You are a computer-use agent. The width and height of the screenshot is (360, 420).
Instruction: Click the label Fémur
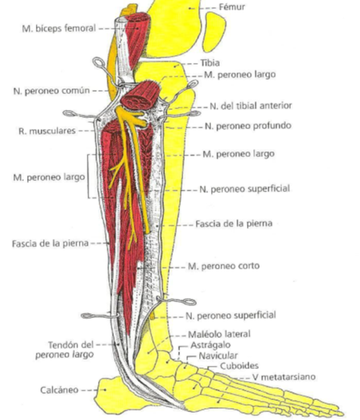tap(232, 7)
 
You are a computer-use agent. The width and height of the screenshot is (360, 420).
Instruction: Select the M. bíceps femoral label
tap(59, 28)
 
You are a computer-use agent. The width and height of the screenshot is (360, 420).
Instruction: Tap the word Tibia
tap(210, 63)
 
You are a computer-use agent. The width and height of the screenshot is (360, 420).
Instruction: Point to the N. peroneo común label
tap(52, 91)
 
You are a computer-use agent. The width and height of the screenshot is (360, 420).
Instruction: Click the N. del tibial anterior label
tap(251, 106)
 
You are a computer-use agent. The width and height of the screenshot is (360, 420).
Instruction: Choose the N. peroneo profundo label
tap(248, 126)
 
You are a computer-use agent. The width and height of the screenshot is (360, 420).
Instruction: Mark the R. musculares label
tap(47, 131)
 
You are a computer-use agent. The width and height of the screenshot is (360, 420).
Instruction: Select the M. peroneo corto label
tap(224, 266)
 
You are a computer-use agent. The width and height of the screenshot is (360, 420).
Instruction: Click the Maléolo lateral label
tap(219, 334)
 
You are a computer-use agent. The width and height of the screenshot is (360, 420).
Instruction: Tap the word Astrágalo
tap(210, 345)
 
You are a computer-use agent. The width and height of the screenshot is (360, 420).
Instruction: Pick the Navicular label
tap(218, 355)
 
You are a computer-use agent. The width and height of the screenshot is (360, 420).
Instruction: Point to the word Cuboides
tap(239, 366)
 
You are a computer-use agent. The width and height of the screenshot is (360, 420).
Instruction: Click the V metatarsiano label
tap(284, 377)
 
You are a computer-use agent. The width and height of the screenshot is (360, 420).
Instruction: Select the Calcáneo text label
tap(60, 390)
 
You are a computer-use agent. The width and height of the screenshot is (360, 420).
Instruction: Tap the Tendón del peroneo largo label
tap(65, 350)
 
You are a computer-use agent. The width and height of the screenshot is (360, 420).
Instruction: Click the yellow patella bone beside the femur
tap(214, 32)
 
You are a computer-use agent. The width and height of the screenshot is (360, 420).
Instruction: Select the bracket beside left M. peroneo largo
tap(88, 176)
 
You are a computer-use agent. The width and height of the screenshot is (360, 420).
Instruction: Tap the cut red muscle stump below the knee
tap(140, 96)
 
